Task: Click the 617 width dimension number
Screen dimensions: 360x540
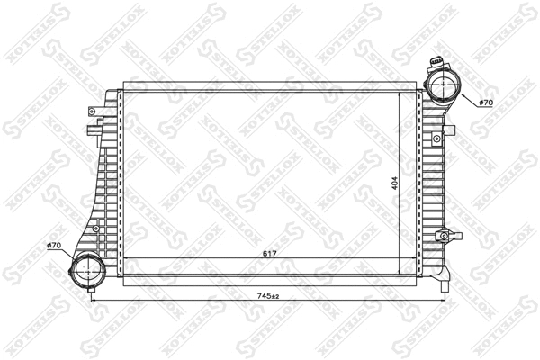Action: point(269,255)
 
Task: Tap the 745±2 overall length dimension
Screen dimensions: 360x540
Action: point(269,296)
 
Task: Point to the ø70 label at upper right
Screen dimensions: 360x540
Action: point(487,103)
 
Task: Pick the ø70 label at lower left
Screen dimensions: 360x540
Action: point(54,246)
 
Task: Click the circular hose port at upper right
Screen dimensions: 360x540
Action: point(442,86)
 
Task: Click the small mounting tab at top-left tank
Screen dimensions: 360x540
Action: point(92,111)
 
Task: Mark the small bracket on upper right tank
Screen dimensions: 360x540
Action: point(437,139)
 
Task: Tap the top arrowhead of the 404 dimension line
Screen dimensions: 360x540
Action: point(400,93)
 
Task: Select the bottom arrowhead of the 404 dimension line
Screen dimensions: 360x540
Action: point(400,270)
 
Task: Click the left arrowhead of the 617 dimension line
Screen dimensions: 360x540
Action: point(123,259)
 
